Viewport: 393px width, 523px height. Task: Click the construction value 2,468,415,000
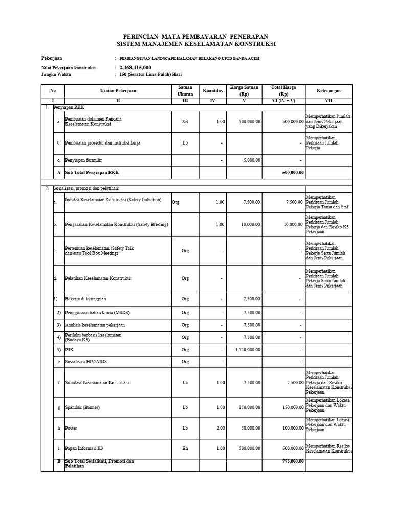pos(135,67)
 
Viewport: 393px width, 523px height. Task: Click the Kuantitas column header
pos(212,90)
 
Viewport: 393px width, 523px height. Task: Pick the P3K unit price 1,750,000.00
pos(248,350)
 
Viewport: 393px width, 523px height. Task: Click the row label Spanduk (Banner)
pos(82,407)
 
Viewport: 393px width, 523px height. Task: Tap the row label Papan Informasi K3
pos(84,448)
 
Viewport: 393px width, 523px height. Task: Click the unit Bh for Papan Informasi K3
pos(185,448)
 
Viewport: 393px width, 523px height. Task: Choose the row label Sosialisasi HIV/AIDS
pos(86,362)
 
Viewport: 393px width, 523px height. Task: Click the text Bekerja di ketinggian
pos(85,299)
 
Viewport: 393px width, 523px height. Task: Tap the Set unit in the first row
pos(185,122)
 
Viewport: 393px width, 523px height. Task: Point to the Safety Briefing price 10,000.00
pos(250,225)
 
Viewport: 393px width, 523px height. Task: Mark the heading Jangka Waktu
pos(56,74)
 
